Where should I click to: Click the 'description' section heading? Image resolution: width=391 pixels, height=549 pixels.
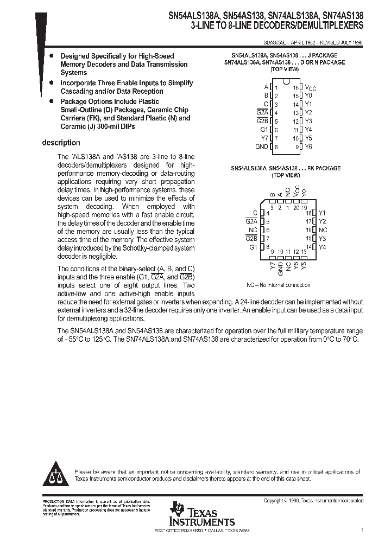tap(61, 143)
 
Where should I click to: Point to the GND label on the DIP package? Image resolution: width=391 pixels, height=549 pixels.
tap(261, 147)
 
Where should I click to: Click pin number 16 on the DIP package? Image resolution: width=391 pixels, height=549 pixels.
tap(295, 87)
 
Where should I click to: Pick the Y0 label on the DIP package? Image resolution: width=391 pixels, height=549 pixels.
tap(308, 95)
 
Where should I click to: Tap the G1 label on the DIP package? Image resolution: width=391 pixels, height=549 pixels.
tap(264, 130)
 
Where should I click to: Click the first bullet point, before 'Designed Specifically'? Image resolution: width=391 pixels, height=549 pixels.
tap(51, 56)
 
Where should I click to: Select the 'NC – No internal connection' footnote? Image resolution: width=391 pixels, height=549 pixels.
tap(278, 285)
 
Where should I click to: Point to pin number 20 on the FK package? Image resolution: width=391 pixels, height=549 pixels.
tap(296, 207)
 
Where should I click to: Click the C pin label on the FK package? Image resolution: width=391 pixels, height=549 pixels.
tap(255, 213)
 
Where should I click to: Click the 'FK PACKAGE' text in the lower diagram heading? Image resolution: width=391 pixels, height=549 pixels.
tap(324, 168)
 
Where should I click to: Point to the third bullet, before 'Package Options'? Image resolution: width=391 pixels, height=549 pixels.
tap(51, 101)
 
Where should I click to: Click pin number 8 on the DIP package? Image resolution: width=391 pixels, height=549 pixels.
tap(276, 147)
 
